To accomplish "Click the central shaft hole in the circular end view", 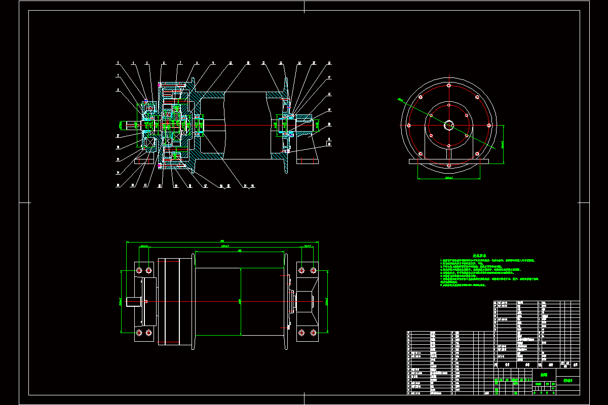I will [x=449, y=125].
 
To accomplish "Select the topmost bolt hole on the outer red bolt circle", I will [x=449, y=86].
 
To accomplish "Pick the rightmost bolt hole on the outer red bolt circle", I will [x=488, y=125].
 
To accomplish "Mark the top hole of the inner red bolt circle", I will [x=449, y=105].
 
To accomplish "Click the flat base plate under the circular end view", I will [x=449, y=161].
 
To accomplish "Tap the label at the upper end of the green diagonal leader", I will [x=400, y=100].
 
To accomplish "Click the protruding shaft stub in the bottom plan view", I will [x=133, y=302].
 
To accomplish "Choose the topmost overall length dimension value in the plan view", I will [x=221, y=240].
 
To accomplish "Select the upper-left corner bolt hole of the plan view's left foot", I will [x=139, y=269].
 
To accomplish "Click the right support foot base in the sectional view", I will [x=308, y=161].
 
